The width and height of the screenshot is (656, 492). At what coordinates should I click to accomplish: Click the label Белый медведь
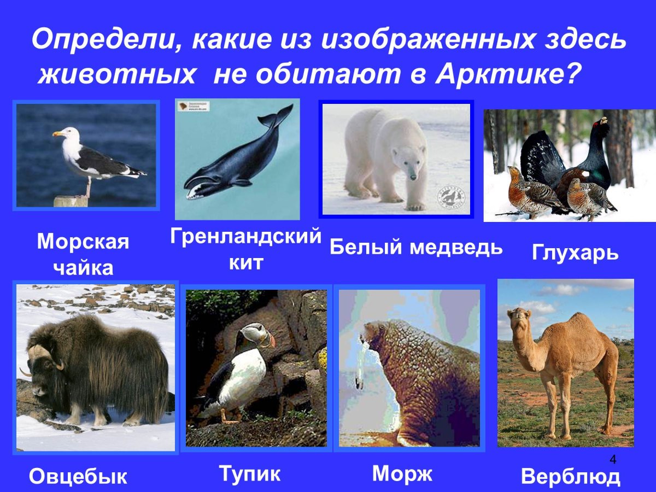[416, 248]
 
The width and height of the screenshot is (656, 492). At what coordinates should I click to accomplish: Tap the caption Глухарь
[575, 253]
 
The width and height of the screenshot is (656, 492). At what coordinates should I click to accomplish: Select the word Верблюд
[570, 477]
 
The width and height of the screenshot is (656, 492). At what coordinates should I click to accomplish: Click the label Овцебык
[78, 476]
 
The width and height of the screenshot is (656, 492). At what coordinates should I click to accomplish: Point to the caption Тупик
[250, 473]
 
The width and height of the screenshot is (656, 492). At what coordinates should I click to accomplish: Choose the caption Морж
[402, 473]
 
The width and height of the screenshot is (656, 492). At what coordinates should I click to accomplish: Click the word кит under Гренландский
[245, 262]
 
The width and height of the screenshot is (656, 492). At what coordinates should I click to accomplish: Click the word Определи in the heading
[102, 40]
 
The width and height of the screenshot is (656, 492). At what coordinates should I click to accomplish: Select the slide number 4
[613, 459]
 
